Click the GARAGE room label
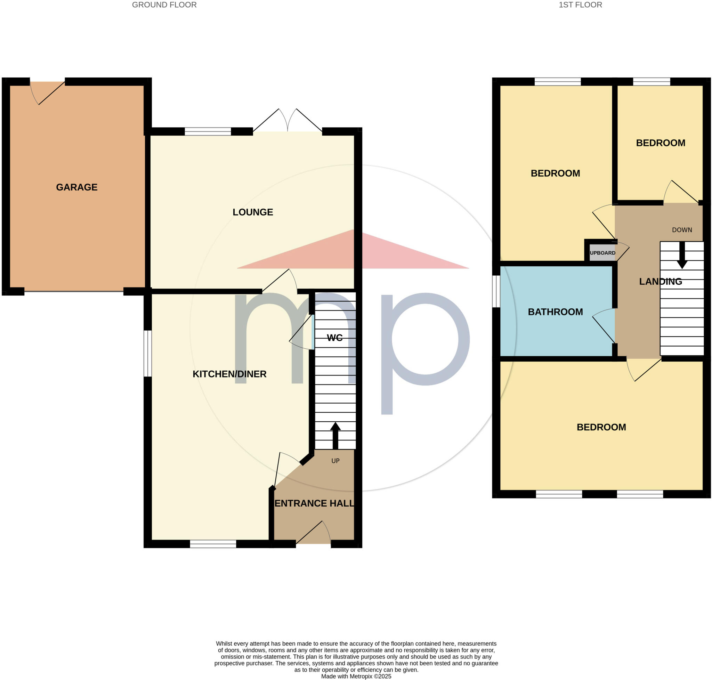point(76,187)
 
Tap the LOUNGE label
point(253,212)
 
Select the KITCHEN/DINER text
point(229,374)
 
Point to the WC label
point(334,338)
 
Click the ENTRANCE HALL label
point(314,503)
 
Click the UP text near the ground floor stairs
point(335,461)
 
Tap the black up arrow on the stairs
point(335,435)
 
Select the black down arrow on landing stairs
point(682,256)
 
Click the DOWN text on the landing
point(682,230)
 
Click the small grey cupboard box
point(602,253)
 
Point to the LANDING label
point(660,281)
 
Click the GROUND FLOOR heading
point(164,5)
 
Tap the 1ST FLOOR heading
point(580,5)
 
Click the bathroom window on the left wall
point(496,291)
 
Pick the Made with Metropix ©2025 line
point(356,676)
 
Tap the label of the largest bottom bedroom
point(601,427)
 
